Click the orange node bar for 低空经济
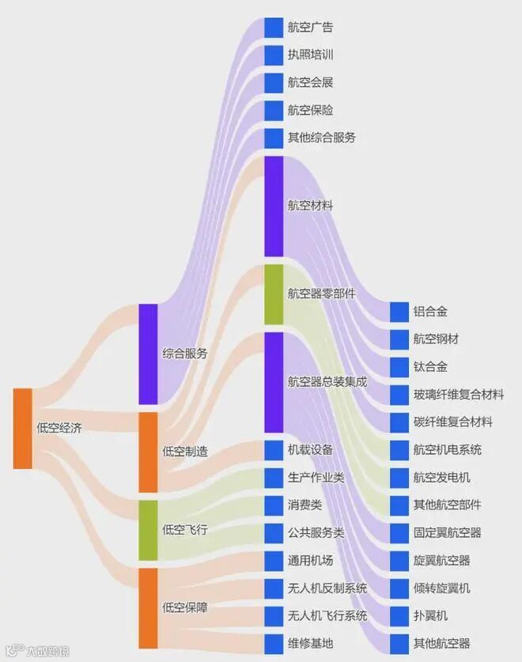click(x=23, y=428)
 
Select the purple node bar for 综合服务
click(x=148, y=354)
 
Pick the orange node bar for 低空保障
click(x=148, y=607)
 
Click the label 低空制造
click(x=185, y=451)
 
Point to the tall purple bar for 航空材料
click(x=273, y=206)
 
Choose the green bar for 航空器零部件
click(x=273, y=294)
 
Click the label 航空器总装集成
click(x=327, y=381)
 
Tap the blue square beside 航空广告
click(x=273, y=28)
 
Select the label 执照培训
click(x=311, y=55)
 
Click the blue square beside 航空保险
click(x=273, y=110)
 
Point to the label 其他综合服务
click(x=322, y=138)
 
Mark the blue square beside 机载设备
click(x=273, y=450)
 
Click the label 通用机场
click(x=311, y=561)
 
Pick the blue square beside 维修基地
click(x=273, y=643)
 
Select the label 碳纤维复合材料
click(x=453, y=422)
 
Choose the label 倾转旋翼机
click(x=442, y=588)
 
